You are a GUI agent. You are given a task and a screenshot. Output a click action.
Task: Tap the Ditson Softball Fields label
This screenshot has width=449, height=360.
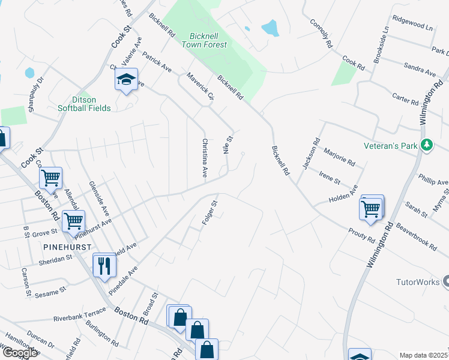coord(84,104)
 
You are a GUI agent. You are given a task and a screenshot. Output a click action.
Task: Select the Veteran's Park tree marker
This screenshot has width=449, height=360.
coord(427,145)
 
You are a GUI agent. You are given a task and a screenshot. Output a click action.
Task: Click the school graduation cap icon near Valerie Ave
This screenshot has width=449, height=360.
coord(127,80)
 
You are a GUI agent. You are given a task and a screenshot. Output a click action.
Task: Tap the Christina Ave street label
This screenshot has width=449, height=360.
coord(205,158)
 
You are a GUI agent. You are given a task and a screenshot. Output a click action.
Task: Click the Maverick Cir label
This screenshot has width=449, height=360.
coord(200,86)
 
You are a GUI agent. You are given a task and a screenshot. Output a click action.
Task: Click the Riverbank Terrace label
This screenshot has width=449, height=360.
coord(79,314)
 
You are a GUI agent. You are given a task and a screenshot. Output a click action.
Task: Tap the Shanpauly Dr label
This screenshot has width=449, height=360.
coord(36,94)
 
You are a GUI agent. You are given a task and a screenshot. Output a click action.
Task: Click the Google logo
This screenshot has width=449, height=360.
coord(20,353)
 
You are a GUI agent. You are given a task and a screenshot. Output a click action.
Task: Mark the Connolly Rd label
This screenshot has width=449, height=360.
coord(321,33)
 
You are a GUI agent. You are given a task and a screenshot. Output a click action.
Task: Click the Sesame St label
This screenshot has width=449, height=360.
coord(50,292)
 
